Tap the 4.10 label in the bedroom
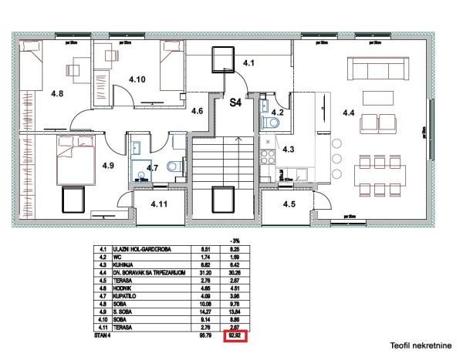137,79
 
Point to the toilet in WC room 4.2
271,123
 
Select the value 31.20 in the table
205,270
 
